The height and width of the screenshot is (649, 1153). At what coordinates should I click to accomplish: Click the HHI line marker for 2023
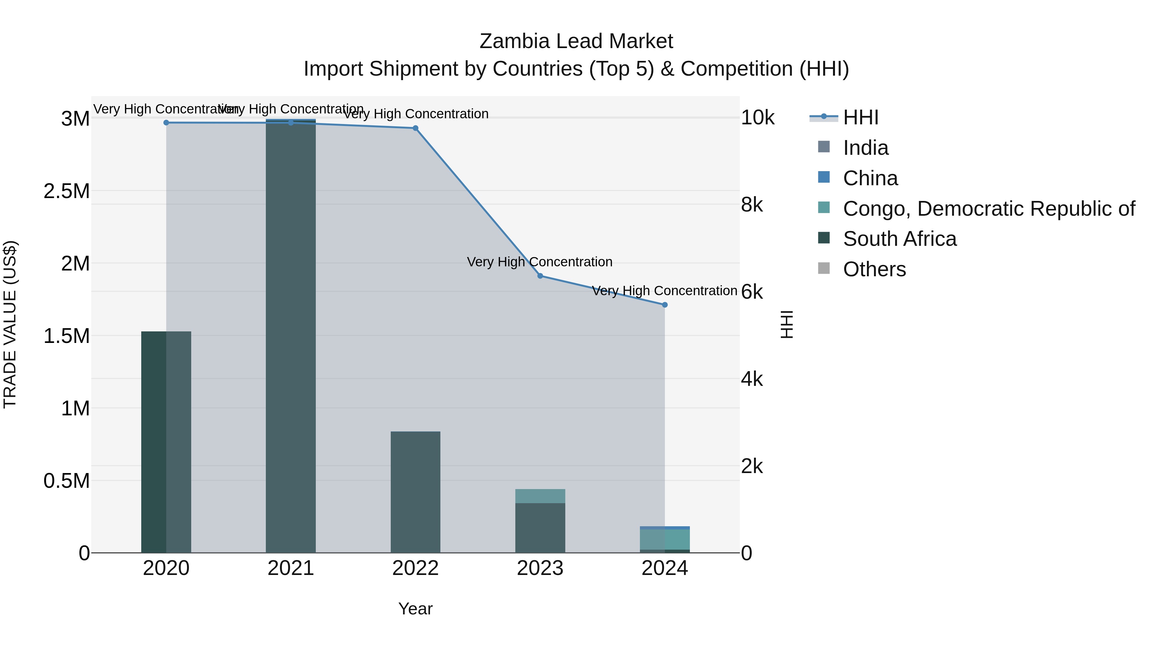pyautogui.click(x=540, y=276)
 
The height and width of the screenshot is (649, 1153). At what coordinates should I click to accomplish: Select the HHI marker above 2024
pyautogui.click(x=664, y=304)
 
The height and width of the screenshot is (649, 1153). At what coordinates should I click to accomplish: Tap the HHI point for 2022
pyautogui.click(x=415, y=128)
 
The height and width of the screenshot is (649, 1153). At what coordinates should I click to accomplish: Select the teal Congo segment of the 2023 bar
pyautogui.click(x=540, y=496)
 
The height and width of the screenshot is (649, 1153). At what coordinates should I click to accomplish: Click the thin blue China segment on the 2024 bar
pyautogui.click(x=664, y=528)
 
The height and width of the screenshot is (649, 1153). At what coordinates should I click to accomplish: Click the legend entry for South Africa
pyautogui.click(x=899, y=239)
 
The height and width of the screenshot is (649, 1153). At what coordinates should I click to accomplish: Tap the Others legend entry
pyautogui.click(x=874, y=269)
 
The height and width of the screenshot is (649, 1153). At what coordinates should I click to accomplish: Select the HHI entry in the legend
pyautogui.click(x=860, y=117)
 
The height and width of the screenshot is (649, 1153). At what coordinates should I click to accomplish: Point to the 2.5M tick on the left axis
pyautogui.click(x=67, y=191)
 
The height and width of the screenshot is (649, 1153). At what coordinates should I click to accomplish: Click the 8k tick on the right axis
pyautogui.click(x=752, y=205)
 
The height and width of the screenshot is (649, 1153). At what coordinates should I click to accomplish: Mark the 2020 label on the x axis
pyautogui.click(x=166, y=568)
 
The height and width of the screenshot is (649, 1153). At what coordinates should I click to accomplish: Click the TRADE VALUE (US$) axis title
pyautogui.click(x=10, y=324)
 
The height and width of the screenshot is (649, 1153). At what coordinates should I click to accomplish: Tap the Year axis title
pyautogui.click(x=415, y=609)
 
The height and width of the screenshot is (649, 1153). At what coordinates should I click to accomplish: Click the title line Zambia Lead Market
pyautogui.click(x=576, y=41)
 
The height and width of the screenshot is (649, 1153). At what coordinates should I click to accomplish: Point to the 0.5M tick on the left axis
pyautogui.click(x=67, y=481)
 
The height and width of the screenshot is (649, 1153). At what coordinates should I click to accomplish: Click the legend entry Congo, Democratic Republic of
pyautogui.click(x=989, y=209)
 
